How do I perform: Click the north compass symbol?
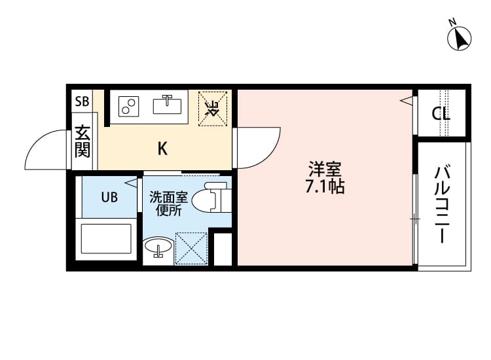point(460,37)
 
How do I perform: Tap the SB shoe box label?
point(82,101)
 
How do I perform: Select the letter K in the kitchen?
point(162,149)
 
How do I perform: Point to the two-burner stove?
point(129,105)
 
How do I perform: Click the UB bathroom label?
point(109,197)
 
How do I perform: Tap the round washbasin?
point(158,248)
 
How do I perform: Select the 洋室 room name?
point(325,169)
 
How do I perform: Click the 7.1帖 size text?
point(325,187)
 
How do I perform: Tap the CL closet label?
point(441,113)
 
